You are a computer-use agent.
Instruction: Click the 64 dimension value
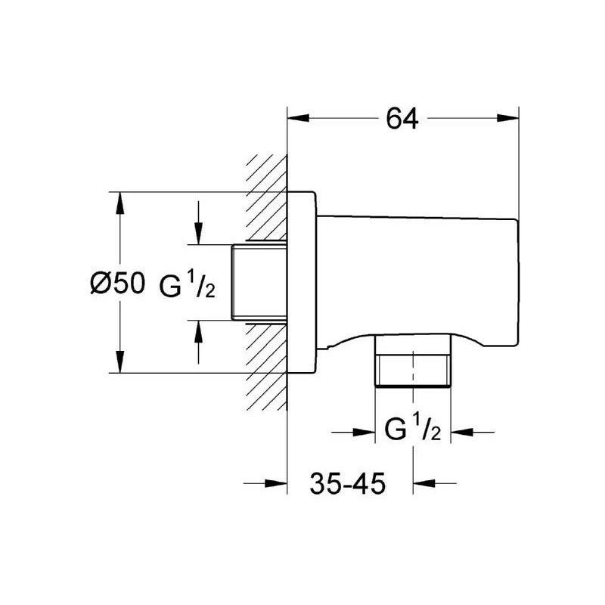[x=402, y=119]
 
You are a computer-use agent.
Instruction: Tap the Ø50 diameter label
[x=118, y=283]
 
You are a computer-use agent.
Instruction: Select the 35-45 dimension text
[x=348, y=483]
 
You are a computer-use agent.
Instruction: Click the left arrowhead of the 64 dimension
[x=299, y=118]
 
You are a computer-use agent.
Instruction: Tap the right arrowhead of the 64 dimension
[x=507, y=118]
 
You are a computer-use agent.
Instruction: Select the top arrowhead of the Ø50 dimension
[x=120, y=203]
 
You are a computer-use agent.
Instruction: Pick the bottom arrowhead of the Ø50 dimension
[x=120, y=362]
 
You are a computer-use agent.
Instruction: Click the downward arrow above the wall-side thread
[x=198, y=223]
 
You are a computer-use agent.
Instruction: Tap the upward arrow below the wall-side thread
[x=198, y=342]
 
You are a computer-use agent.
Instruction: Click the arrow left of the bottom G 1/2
[x=353, y=432]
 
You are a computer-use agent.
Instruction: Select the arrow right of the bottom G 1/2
[x=473, y=432]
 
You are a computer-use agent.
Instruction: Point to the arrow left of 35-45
[x=265, y=482]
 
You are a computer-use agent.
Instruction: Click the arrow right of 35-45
[x=435, y=482]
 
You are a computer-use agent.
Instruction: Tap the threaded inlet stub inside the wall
[x=259, y=282]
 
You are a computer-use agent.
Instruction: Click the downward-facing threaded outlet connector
[x=413, y=361]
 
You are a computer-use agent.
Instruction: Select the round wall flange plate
[x=302, y=282]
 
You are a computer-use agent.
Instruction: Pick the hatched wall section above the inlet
[x=267, y=198]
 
